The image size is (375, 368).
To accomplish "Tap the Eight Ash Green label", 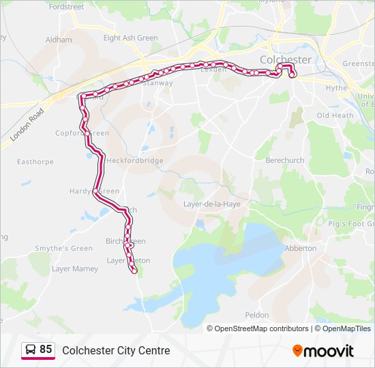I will coord(130,38).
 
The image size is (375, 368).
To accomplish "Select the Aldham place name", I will coord(59,40).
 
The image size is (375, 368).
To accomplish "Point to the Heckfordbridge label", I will coord(134,161).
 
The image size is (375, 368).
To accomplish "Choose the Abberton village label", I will coord(301,248).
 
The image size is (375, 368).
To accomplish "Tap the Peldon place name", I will coord(257,315).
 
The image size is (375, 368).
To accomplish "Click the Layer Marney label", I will coord(75,269).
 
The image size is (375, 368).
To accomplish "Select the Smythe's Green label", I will coord(64,249).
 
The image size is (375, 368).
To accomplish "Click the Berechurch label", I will coord(284,161).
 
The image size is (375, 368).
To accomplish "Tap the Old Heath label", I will coord(335,115).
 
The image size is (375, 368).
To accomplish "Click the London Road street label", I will coord(27,124).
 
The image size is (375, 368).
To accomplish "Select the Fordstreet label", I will coord(67,7).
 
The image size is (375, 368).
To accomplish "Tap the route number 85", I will coord(46,350).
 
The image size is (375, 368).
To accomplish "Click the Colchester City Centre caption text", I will coord(116,350).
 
